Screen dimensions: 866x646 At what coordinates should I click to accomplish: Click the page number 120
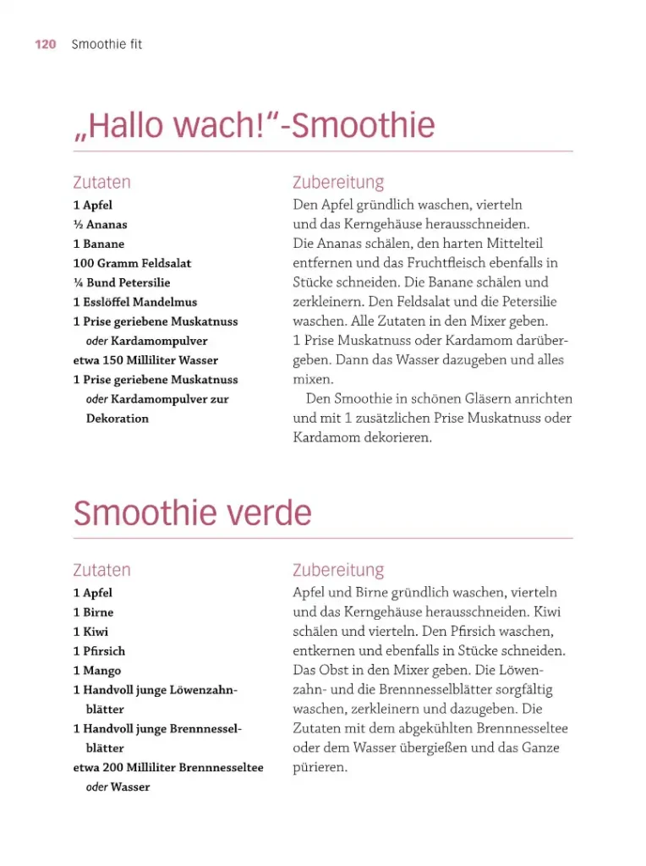[x=45, y=45]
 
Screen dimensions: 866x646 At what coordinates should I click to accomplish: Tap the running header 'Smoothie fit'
[x=107, y=45]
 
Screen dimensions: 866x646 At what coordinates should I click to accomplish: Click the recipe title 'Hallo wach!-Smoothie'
[x=254, y=126]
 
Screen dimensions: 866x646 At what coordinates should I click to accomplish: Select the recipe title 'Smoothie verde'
[x=192, y=512]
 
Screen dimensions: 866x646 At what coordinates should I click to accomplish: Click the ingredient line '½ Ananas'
[x=100, y=225]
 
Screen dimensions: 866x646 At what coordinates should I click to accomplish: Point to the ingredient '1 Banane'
[x=98, y=244]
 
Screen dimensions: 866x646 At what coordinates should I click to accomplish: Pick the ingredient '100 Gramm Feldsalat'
[x=132, y=264]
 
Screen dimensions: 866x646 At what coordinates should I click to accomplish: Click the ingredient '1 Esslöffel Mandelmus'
[x=134, y=302]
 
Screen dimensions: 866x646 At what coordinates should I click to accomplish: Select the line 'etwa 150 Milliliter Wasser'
[x=145, y=360]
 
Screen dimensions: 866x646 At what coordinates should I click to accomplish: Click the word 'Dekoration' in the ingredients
[x=117, y=419]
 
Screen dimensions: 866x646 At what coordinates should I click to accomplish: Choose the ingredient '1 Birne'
[x=93, y=612]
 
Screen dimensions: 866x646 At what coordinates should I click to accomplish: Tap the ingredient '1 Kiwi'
[x=90, y=632]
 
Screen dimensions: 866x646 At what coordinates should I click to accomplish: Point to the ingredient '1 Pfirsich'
[x=99, y=651]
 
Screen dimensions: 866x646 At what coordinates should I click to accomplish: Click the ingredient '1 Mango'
[x=96, y=671]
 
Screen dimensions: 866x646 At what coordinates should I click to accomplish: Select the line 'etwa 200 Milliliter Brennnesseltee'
[x=168, y=768]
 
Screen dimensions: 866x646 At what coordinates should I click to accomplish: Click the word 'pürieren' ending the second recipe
[x=320, y=768]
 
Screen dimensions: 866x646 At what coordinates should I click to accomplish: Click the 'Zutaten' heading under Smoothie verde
[x=101, y=570]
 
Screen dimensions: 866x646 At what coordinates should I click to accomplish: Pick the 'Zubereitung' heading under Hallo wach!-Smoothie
[x=338, y=182]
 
